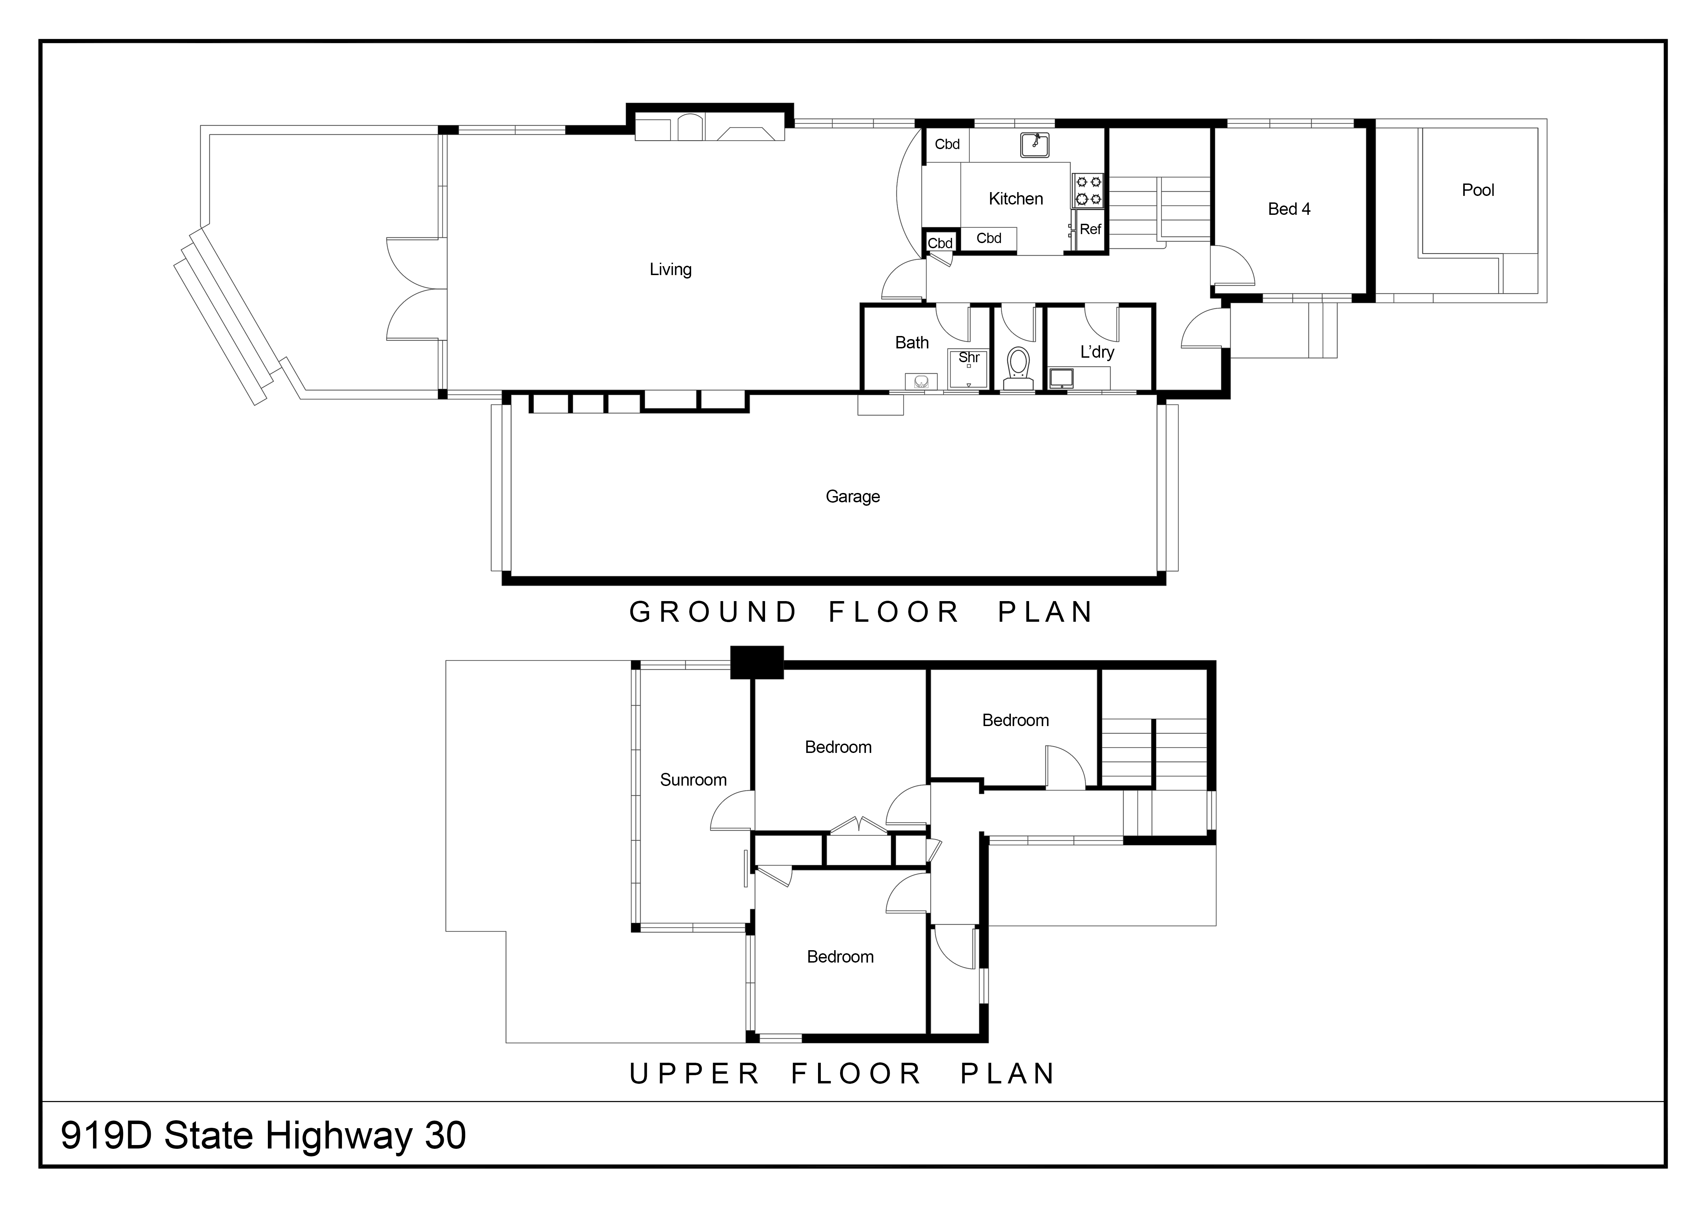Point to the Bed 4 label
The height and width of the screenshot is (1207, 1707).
pyautogui.click(x=1288, y=209)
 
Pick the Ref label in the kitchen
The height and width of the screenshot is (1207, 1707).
pyautogui.click(x=1090, y=230)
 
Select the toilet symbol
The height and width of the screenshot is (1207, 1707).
pyautogui.click(x=1018, y=366)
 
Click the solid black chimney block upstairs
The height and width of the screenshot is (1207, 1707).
pyautogui.click(x=757, y=661)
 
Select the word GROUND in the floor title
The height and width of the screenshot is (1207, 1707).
pyautogui.click(x=712, y=612)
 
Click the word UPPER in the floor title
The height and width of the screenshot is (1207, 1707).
pyautogui.click(x=694, y=1073)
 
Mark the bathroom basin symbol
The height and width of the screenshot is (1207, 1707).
pyautogui.click(x=920, y=381)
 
